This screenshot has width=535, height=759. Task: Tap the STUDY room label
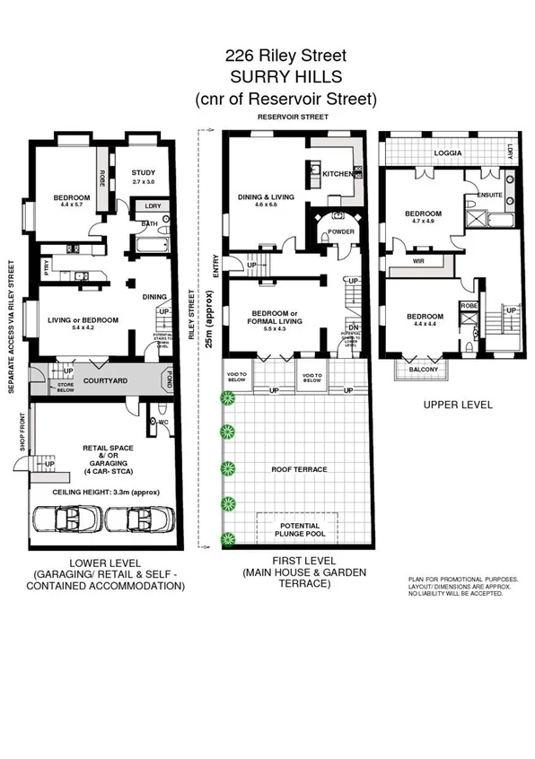[144, 173]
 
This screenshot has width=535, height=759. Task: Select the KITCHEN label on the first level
[338, 173]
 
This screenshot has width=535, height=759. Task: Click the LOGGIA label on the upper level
[446, 153]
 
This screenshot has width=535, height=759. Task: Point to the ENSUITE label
[489, 194]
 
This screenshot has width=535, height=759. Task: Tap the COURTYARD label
[98, 379]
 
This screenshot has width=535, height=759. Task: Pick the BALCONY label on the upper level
[422, 369]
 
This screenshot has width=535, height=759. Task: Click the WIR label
[418, 261]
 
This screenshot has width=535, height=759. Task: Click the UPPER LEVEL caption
[459, 405]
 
